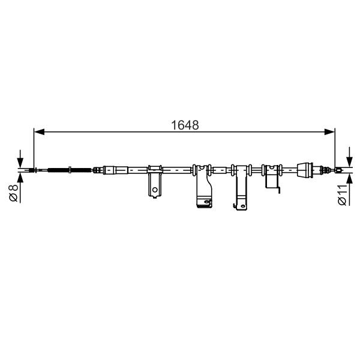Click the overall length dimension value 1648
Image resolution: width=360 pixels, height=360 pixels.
coord(185,125)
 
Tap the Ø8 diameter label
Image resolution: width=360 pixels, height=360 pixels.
coord(13,193)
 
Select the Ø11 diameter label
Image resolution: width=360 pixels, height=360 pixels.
coord(342,194)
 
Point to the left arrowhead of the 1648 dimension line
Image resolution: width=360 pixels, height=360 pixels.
coord(39,132)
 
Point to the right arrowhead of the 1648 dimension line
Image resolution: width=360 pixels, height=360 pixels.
coord(329,132)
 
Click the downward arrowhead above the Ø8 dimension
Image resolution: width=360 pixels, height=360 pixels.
coord(20,163)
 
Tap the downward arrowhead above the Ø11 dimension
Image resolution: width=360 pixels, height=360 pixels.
coord(349,162)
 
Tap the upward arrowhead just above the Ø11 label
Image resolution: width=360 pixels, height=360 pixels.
coord(349,178)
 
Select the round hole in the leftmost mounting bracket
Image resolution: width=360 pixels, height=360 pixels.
coord(155,190)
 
